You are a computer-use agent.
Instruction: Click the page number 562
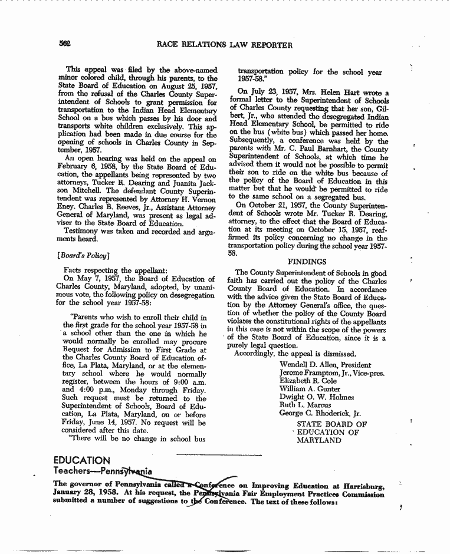point(65,44)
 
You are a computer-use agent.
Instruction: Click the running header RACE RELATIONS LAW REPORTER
point(224,45)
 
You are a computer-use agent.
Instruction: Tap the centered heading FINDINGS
point(307,261)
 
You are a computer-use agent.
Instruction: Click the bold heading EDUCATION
point(81,460)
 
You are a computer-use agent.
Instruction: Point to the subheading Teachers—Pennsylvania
point(102,471)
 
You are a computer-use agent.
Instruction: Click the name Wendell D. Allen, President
point(325,365)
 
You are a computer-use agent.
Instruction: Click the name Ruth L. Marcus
point(306,405)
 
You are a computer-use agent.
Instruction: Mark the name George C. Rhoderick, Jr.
point(320,413)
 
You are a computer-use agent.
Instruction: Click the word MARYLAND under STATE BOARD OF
point(319,440)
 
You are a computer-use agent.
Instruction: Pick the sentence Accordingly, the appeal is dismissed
point(295,354)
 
